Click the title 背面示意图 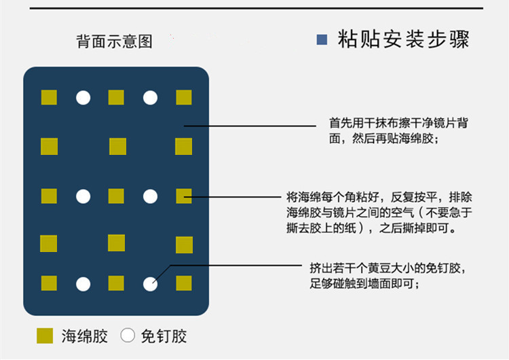pyautogui.click(x=114, y=41)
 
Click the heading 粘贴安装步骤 pyautogui.click(x=403, y=39)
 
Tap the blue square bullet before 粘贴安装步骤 pyautogui.click(x=322, y=39)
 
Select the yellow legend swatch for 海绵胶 pyautogui.click(x=45, y=336)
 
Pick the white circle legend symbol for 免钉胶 pyautogui.click(x=128, y=336)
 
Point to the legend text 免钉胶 pyautogui.click(x=164, y=336)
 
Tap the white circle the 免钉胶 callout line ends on pyautogui.click(x=150, y=283)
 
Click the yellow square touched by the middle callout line pyautogui.click(x=184, y=196)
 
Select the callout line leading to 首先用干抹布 pyautogui.click(x=251, y=126)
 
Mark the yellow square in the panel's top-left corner pyautogui.click(x=49, y=97)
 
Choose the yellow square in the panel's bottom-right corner pyautogui.click(x=184, y=283)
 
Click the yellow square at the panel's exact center pyautogui.click(x=116, y=196)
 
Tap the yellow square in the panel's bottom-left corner pyautogui.click(x=49, y=283)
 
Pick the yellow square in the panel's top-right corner pyautogui.click(x=184, y=97)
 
